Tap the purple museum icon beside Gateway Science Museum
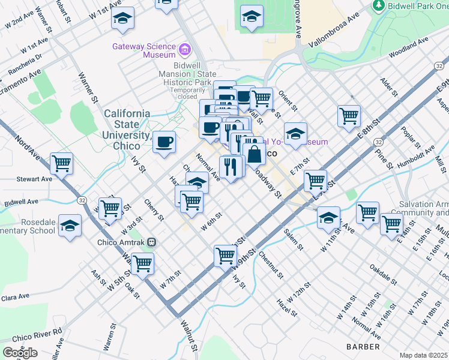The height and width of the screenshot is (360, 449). tap(185, 47)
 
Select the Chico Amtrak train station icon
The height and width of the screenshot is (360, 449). tap(151, 242)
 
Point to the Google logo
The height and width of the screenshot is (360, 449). tap(20, 353)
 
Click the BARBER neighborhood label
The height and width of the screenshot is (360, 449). tap(363, 347)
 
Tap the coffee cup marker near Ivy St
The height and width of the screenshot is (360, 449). tap(164, 142)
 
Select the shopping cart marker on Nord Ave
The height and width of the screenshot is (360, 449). tap(61, 163)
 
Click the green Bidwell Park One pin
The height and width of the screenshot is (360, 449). tap(378, 6)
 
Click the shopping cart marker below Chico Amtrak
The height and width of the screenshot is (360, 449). tap(142, 263)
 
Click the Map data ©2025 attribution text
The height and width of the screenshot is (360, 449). tap(424, 355)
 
